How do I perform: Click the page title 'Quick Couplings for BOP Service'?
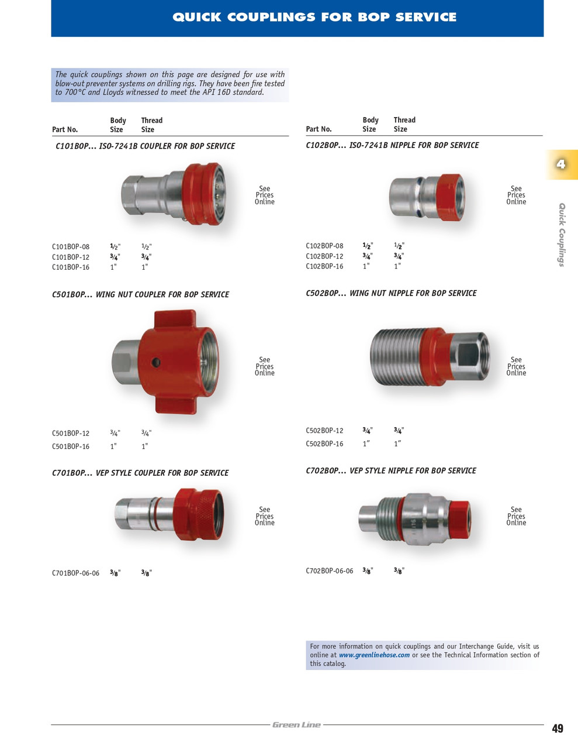click(314, 18)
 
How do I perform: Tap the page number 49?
click(558, 729)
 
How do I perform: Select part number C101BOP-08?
click(71, 247)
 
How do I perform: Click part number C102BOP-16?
click(324, 266)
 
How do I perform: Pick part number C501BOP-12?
click(71, 434)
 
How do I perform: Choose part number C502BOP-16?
click(324, 444)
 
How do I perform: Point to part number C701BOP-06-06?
click(75, 573)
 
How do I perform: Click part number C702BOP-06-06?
click(329, 571)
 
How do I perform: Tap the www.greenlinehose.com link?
click(374, 655)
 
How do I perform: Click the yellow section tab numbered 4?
click(561, 164)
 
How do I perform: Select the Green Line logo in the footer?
click(296, 725)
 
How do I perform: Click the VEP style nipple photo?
click(414, 518)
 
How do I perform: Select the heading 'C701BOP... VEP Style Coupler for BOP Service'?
click(140, 473)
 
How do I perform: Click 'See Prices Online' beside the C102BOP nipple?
click(516, 195)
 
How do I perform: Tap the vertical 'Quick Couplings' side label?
click(562, 235)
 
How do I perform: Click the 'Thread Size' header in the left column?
click(151, 125)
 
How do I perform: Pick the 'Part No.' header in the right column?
click(319, 129)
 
